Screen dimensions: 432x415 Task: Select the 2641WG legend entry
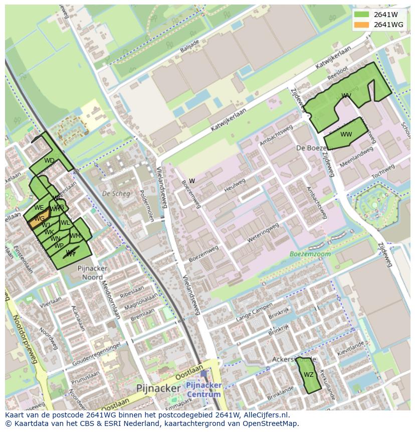pyautogui.click(x=380, y=25)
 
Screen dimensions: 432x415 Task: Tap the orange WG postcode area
pyautogui.click(x=40, y=219)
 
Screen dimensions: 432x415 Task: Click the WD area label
pyautogui.click(x=49, y=161)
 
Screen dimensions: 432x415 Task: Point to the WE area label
pyautogui.click(x=39, y=207)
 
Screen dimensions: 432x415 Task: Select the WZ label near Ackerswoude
pyautogui.click(x=308, y=375)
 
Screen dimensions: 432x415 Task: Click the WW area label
pyautogui.click(x=346, y=134)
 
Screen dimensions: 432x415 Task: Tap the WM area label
pyautogui.click(x=75, y=236)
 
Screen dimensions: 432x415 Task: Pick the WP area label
pyautogui.click(x=59, y=246)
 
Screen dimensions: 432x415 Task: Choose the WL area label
pyautogui.click(x=65, y=223)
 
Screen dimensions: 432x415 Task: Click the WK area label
pyautogui.click(x=49, y=232)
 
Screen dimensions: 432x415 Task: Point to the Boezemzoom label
pyautogui.click(x=310, y=254)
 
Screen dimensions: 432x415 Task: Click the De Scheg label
pyautogui.click(x=116, y=193)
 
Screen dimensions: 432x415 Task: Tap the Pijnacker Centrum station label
pyautogui.click(x=203, y=389)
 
